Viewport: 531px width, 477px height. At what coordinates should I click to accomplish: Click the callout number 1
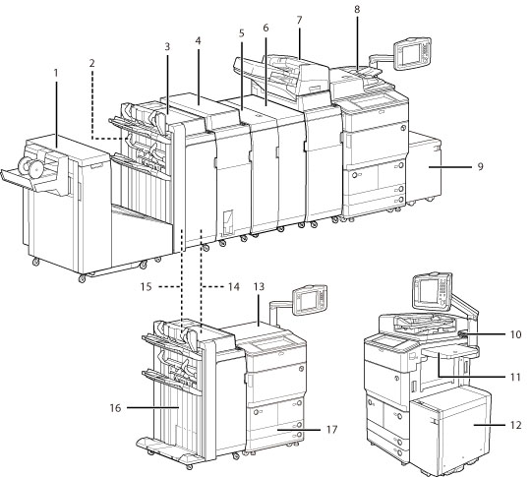pyautogui.click(x=56, y=73)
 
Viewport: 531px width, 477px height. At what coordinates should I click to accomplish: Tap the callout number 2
pyautogui.click(x=92, y=63)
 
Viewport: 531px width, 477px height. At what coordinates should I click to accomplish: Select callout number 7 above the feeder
pyautogui.click(x=299, y=21)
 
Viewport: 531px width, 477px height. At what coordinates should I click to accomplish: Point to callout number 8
pyautogui.click(x=357, y=10)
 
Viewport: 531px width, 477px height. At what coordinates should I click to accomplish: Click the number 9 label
pyautogui.click(x=480, y=166)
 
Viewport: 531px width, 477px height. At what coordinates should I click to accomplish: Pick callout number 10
pyautogui.click(x=515, y=334)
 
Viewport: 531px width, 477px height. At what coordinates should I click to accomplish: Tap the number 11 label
pyautogui.click(x=515, y=377)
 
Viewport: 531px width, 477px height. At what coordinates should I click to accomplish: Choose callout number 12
pyautogui.click(x=515, y=425)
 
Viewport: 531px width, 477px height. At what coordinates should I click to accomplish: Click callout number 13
pyautogui.click(x=259, y=287)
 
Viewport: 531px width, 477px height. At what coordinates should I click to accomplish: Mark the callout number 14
pyautogui.click(x=234, y=287)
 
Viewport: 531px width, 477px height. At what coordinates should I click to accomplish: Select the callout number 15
pyautogui.click(x=147, y=287)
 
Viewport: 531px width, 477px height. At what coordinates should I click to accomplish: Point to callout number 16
pyautogui.click(x=115, y=408)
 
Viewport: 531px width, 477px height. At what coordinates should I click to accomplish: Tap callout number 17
pyautogui.click(x=332, y=430)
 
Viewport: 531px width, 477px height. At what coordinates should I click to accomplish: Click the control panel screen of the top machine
pyautogui.click(x=412, y=53)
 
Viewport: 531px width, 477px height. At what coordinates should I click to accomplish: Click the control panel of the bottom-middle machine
pyautogui.click(x=309, y=300)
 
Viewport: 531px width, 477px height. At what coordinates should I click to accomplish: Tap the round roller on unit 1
pyautogui.click(x=30, y=166)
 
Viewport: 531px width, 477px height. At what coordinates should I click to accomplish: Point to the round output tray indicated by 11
pyautogui.click(x=450, y=352)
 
